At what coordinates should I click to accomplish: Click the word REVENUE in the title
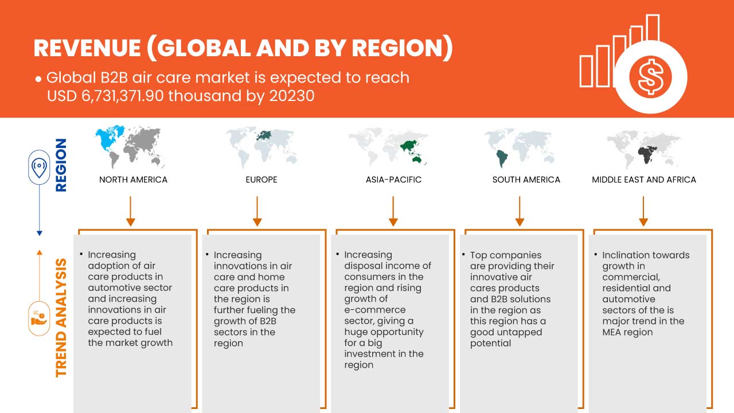click(87, 49)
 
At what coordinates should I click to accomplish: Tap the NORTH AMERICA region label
click(133, 180)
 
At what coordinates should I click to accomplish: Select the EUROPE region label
click(261, 180)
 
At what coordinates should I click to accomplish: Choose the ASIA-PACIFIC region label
click(393, 180)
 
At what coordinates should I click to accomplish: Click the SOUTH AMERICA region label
click(526, 180)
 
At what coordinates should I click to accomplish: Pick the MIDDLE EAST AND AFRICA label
click(643, 180)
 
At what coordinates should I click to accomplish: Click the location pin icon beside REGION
click(39, 168)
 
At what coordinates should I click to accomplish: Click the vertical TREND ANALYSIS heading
click(61, 318)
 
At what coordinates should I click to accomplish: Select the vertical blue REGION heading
click(61, 165)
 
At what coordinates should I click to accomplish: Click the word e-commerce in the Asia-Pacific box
click(374, 310)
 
